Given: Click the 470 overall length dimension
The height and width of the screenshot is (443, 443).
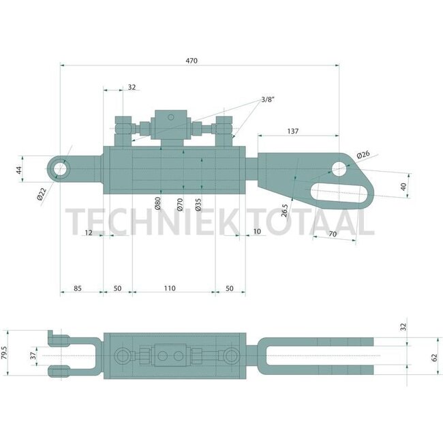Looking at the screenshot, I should tap(191, 61).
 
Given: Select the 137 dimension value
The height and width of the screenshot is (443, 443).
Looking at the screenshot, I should tap(293, 131).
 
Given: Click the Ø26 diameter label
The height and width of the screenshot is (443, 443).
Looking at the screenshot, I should tap(363, 155).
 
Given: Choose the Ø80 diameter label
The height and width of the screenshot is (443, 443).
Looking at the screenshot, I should tap(157, 204).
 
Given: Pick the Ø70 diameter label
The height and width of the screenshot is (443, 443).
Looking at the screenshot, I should tap(180, 204).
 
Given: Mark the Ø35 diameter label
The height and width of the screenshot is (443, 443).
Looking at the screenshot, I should tap(198, 204).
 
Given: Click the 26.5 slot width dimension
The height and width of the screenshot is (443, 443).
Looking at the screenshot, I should tap(284, 203).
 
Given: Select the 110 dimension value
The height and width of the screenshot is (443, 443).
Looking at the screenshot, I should tap(170, 288).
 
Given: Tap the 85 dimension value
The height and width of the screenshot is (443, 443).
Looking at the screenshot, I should tap(77, 288).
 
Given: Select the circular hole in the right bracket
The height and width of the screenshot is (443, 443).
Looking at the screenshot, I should tap(339, 167).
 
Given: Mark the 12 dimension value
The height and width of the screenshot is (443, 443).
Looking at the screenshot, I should tap(89, 233).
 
